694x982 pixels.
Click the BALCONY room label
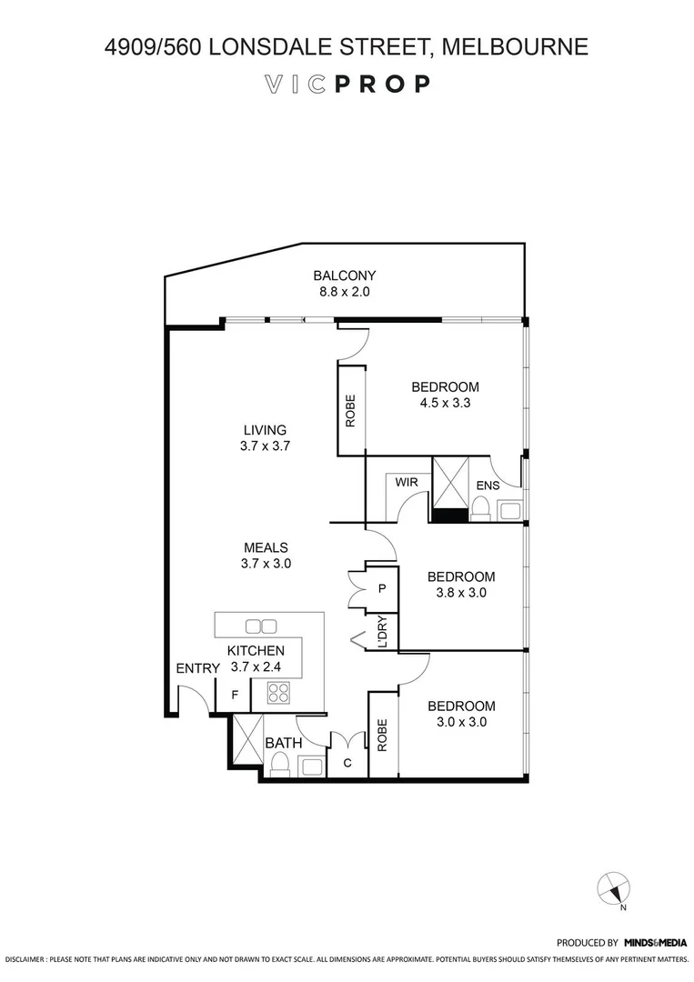pyautogui.click(x=344, y=276)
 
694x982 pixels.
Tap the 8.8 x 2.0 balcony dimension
pyautogui.click(x=344, y=293)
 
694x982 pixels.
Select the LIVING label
pyautogui.click(x=265, y=430)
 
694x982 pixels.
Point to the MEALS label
pyautogui.click(x=266, y=547)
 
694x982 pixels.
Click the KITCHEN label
pyautogui.click(x=256, y=651)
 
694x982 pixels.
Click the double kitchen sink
pyautogui.click(x=261, y=626)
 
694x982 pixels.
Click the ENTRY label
pyautogui.click(x=197, y=669)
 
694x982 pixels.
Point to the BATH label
pyautogui.click(x=283, y=744)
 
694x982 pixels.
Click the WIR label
pyautogui.click(x=407, y=482)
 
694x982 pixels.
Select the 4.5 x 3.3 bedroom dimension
pyautogui.click(x=442, y=403)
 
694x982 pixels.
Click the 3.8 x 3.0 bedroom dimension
pyautogui.click(x=460, y=593)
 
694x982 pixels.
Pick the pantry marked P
pyautogui.click(x=382, y=588)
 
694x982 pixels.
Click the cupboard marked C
pyautogui.click(x=347, y=764)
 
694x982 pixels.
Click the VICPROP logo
pyautogui.click(x=347, y=85)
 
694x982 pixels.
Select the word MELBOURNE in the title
pyautogui.click(x=516, y=45)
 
